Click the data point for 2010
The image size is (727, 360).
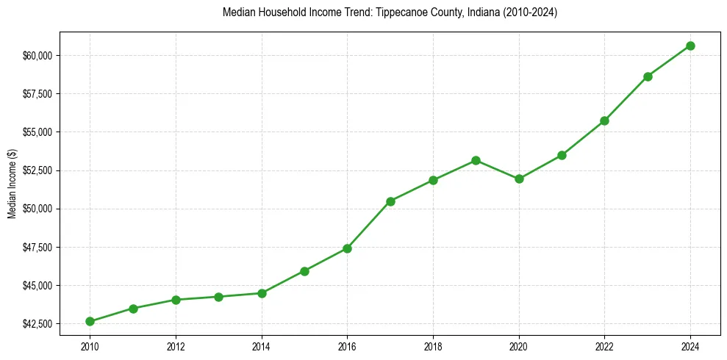click(x=90, y=321)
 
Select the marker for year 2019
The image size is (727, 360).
click(x=476, y=160)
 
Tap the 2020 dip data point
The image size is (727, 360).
click(x=519, y=179)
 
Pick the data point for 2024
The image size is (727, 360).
click(x=690, y=46)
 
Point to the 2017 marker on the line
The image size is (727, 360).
click(x=390, y=201)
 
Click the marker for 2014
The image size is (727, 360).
click(x=262, y=293)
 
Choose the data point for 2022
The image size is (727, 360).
click(x=604, y=120)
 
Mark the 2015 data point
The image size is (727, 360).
click(x=304, y=271)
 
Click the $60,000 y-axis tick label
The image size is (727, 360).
click(x=37, y=56)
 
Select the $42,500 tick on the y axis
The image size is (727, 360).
click(x=37, y=324)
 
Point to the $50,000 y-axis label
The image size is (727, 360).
click(x=37, y=209)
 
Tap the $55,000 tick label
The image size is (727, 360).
click(x=37, y=132)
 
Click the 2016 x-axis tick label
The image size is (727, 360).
click(x=347, y=345)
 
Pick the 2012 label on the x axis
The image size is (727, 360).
click(x=176, y=345)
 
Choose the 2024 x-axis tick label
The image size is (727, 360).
click(x=690, y=345)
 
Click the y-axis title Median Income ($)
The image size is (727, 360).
click(x=12, y=183)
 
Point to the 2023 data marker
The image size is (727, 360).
click(x=648, y=76)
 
